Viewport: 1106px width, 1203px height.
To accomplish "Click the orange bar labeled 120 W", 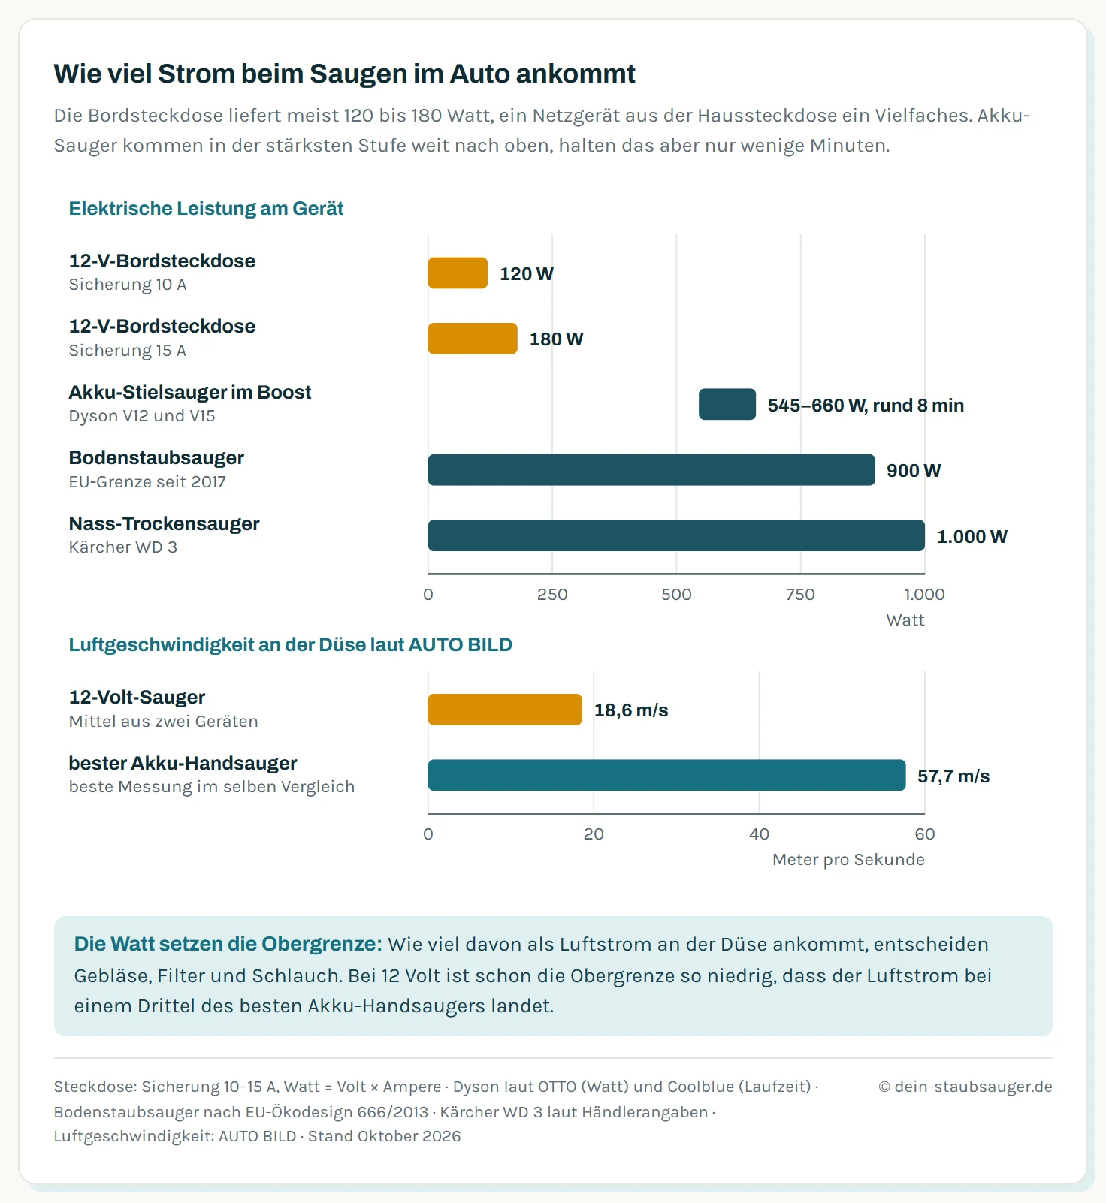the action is tap(458, 273).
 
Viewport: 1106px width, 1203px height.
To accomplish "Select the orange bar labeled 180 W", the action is tap(473, 339).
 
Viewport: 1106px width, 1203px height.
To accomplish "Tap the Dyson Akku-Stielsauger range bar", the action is tap(727, 404).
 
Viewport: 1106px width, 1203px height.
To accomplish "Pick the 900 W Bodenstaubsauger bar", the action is tap(651, 470).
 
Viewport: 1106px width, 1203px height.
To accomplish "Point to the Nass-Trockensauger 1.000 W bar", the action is tap(676, 535).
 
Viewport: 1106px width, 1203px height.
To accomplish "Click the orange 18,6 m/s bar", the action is tap(505, 710).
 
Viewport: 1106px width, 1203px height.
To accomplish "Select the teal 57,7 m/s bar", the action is tap(666, 775).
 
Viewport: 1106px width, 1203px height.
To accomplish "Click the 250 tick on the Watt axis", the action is tap(552, 595).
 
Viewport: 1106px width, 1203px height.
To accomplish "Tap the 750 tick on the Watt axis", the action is tap(800, 595).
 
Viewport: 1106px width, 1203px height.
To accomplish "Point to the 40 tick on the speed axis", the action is tap(759, 834).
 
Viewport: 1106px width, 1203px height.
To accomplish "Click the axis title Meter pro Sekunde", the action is tap(848, 860).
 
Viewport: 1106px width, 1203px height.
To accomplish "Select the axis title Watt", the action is tap(905, 620).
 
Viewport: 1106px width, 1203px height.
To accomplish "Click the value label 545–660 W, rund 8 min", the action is tap(866, 406).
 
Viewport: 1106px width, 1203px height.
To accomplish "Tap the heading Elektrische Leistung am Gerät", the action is tap(206, 209).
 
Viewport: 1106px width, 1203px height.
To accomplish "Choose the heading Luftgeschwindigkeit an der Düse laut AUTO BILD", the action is tap(290, 645).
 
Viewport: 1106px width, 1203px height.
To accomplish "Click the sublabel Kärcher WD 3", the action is tap(123, 547).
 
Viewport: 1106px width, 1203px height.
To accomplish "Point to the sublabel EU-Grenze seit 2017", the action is tap(147, 482).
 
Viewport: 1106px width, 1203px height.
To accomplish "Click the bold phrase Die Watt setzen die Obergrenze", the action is tap(228, 944).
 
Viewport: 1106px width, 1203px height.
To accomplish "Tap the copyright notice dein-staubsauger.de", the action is tap(965, 1087).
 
